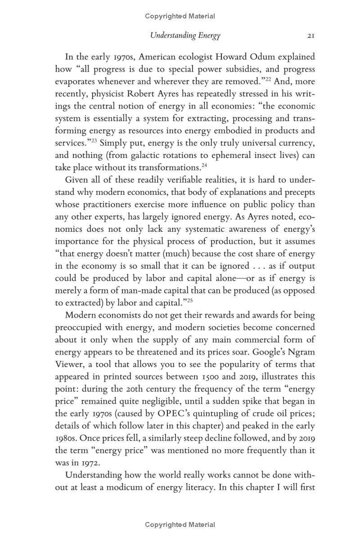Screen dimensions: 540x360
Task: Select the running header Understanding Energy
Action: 185,36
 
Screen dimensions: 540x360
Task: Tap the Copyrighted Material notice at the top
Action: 180,16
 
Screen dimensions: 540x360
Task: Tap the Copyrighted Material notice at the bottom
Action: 180,525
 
